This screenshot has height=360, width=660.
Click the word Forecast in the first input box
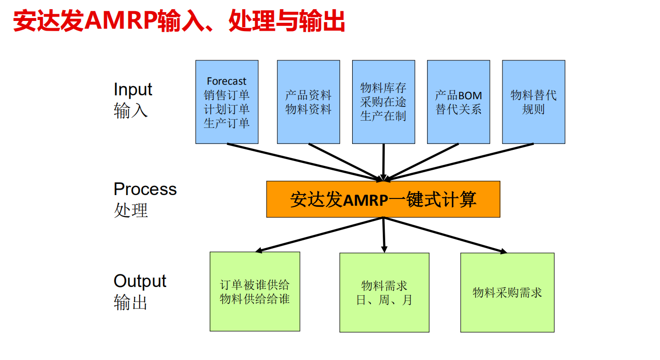pos(227,81)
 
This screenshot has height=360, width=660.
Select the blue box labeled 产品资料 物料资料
pos(308,102)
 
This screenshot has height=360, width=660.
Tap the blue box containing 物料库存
pos(383,102)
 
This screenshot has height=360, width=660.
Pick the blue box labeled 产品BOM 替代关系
pos(458,102)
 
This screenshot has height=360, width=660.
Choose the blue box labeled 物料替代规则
pos(534,102)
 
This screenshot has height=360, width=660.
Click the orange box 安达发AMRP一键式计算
pos(383,199)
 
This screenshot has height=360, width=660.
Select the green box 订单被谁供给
pos(254,291)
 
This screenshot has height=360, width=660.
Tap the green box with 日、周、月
pos(384,292)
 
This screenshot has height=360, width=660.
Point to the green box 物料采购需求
pos(507,292)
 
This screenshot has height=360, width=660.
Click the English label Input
pos(133,90)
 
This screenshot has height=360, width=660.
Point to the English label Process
pos(145,189)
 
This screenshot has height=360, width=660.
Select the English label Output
pos(140,281)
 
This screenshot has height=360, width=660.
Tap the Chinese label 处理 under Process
pos(130,210)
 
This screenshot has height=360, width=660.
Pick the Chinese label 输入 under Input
pos(130,111)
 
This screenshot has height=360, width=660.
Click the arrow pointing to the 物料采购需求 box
pos(445,235)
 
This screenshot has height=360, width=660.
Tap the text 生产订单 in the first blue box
pos(227,123)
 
